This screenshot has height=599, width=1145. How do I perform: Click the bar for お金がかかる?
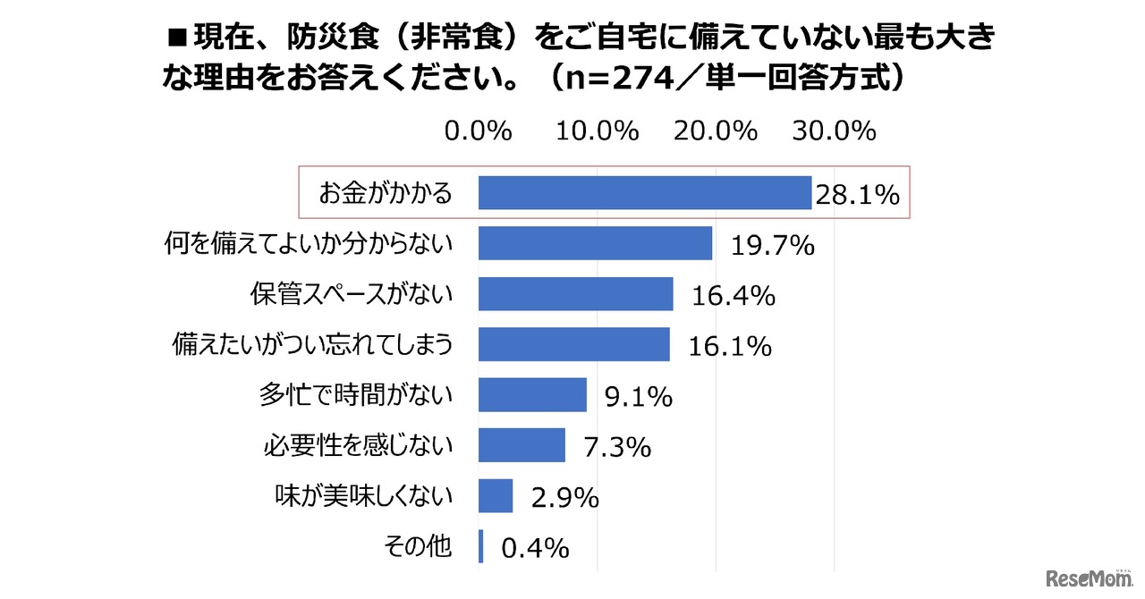coord(644,192)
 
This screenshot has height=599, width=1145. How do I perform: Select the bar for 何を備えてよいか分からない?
coord(595,243)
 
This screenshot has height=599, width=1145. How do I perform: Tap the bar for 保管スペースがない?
coord(575,293)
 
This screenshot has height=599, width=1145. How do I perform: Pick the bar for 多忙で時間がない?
coord(532,394)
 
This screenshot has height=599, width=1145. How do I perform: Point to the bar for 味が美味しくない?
coord(496,495)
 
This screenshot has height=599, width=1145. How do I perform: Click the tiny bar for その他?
coord(480,546)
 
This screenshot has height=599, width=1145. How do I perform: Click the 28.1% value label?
coord(856,195)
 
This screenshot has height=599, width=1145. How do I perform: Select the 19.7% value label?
coord(773,246)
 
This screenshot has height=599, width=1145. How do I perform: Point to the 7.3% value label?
coord(617,447)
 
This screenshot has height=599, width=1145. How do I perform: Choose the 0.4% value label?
coord(535,548)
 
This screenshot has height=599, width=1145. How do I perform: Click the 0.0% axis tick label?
coord(479,132)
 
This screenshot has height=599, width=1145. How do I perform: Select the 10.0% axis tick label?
coord(598,132)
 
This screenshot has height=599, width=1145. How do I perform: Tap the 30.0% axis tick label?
coord(834,132)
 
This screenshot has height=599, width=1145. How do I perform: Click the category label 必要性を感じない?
coord(358,444)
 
